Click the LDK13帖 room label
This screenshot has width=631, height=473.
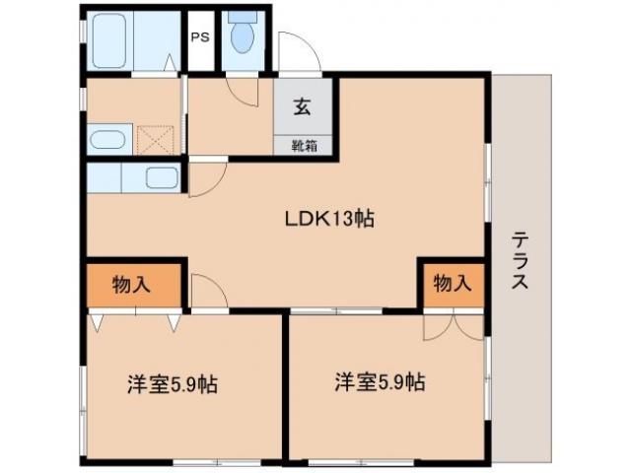tap(323, 219)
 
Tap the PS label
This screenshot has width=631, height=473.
tap(200, 38)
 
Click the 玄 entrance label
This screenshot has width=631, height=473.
tap(301, 109)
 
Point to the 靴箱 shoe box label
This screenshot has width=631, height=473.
tap(302, 145)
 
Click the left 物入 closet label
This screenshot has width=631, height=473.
tap(131, 285)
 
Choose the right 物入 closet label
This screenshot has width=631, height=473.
tap(452, 285)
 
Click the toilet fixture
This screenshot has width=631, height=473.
tap(241, 37)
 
